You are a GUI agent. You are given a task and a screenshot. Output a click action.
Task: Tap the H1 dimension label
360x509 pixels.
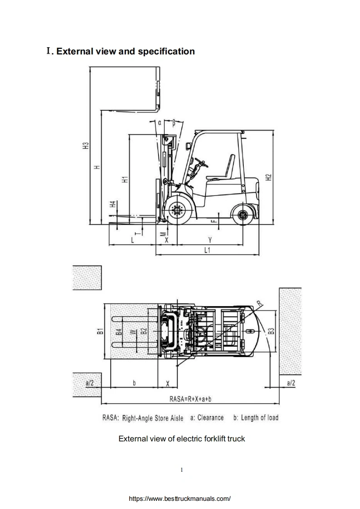124,179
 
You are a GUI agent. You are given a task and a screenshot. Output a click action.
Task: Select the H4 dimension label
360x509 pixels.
113,205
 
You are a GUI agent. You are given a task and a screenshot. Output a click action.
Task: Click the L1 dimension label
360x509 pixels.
207,250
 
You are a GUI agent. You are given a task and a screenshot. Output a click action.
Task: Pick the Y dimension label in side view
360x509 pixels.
209,240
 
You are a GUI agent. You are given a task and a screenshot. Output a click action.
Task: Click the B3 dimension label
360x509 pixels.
271,332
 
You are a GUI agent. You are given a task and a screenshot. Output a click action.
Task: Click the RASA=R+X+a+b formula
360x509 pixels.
191,399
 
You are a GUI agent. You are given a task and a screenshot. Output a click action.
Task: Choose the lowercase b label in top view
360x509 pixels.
134,383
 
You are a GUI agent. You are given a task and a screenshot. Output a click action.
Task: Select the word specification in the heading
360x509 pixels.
167,51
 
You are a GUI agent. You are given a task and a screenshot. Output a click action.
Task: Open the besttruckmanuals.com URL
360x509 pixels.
180,498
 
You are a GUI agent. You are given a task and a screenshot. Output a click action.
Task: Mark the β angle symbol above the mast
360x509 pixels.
174,122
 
